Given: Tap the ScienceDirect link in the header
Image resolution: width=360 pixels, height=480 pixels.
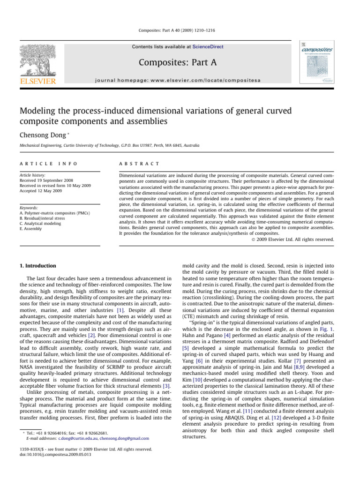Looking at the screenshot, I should (207, 47).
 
